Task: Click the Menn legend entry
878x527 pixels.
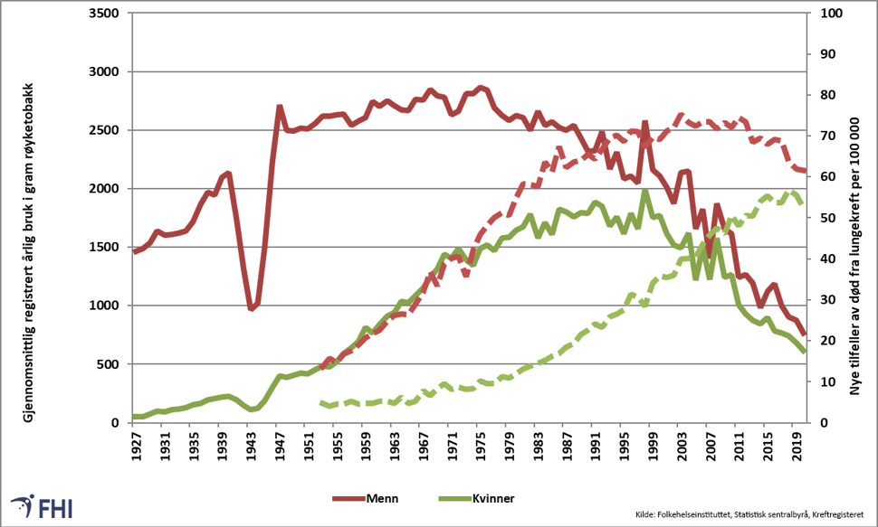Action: click(367, 498)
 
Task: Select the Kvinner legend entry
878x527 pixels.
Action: click(476, 498)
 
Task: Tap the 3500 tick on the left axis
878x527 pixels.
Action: click(104, 14)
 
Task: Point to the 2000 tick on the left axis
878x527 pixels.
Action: click(104, 189)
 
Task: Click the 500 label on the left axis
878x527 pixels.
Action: click(108, 364)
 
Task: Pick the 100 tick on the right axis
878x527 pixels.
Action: click(832, 14)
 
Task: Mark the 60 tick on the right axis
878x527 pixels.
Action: click(828, 177)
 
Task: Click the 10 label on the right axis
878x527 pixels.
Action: click(828, 381)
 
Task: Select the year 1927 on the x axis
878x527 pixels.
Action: click(136, 446)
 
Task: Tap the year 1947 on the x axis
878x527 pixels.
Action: click(280, 446)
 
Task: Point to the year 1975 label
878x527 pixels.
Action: click(481, 446)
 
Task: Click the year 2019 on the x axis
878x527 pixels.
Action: click(797, 446)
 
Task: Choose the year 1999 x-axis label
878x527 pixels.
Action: click(653, 446)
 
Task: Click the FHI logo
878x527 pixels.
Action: click(42, 506)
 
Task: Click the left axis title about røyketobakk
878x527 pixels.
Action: click(29, 253)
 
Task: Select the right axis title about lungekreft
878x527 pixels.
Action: click(854, 256)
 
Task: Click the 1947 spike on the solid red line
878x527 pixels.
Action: click(280, 107)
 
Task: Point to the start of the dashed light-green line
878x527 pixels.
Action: click(321, 402)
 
